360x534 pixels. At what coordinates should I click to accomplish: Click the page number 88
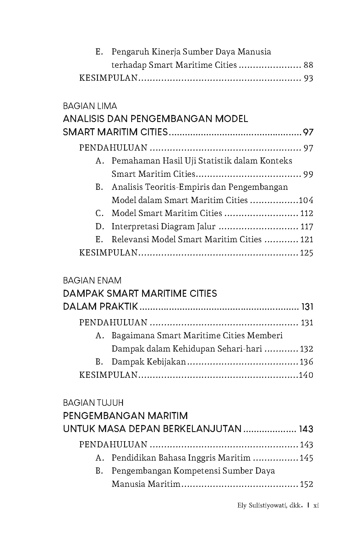pyautogui.click(x=308, y=65)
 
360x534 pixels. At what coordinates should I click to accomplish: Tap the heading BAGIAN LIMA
pyautogui.click(x=90, y=106)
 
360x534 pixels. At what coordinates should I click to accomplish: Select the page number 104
pyautogui.click(x=306, y=200)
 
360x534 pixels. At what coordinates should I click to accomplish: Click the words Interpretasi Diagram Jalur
pyautogui.click(x=163, y=226)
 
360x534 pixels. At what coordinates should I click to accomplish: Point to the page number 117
pyautogui.click(x=307, y=226)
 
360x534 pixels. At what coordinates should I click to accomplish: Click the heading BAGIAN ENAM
pyautogui.click(x=92, y=280)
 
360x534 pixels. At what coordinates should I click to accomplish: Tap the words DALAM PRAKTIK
pyautogui.click(x=100, y=306)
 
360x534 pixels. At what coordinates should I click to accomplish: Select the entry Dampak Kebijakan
pyautogui.click(x=149, y=362)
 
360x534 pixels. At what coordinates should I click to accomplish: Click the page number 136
pyautogui.click(x=306, y=362)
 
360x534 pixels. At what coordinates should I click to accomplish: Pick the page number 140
pyautogui.click(x=306, y=375)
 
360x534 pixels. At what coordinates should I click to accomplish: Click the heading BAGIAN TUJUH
pyautogui.click(x=93, y=403)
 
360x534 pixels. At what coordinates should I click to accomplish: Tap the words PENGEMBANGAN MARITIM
pyautogui.click(x=125, y=416)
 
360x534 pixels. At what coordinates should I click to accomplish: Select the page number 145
pyautogui.click(x=306, y=458)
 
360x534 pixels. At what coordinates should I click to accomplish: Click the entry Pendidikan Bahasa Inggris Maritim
pyautogui.click(x=181, y=458)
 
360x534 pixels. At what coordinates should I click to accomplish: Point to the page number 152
pyautogui.click(x=306, y=484)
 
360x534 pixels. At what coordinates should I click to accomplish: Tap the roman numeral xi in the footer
pyautogui.click(x=316, y=505)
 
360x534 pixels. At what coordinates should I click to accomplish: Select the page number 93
pyautogui.click(x=308, y=78)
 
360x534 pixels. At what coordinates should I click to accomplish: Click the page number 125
pyautogui.click(x=306, y=253)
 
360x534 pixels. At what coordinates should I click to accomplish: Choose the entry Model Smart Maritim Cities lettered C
pyautogui.click(x=167, y=213)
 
